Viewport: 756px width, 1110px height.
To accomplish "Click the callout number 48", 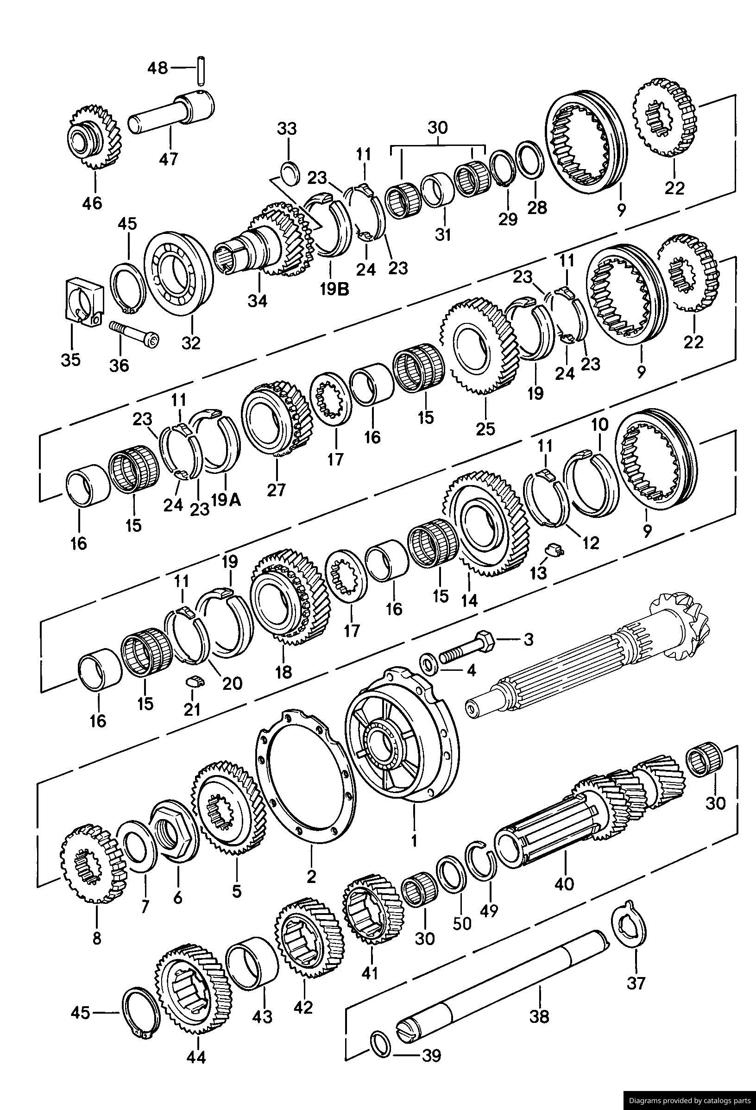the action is (157, 68).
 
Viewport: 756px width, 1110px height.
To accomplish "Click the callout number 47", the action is (168, 158).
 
